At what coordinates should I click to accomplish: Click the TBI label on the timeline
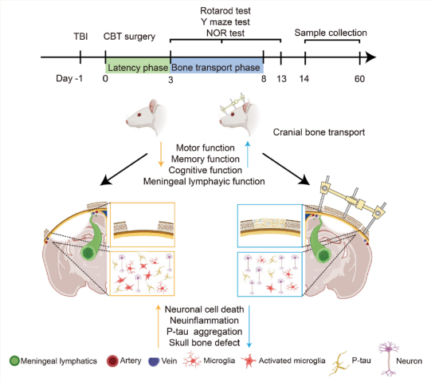[x=80, y=37]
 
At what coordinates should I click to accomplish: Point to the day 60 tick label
[x=359, y=79]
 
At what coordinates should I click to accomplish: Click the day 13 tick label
[x=281, y=79]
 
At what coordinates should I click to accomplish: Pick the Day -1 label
[x=69, y=78]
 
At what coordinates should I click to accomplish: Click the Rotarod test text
[x=225, y=10]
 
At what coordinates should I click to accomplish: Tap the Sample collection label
[x=331, y=33]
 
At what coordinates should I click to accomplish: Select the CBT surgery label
[x=129, y=37]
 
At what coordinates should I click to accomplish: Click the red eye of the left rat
[x=139, y=115]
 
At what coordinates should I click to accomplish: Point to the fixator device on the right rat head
[x=233, y=104]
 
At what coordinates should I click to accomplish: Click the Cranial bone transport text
[x=319, y=132]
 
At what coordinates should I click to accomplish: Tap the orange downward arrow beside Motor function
[x=161, y=155]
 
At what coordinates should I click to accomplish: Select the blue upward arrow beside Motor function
[x=248, y=155]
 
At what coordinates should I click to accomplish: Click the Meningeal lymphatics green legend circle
[x=14, y=360]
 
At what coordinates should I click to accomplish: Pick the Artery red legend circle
[x=112, y=360]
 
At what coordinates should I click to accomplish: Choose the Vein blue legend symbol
[x=154, y=361]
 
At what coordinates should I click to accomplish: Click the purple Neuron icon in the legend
[x=389, y=359]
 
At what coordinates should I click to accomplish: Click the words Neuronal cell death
[x=204, y=309]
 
